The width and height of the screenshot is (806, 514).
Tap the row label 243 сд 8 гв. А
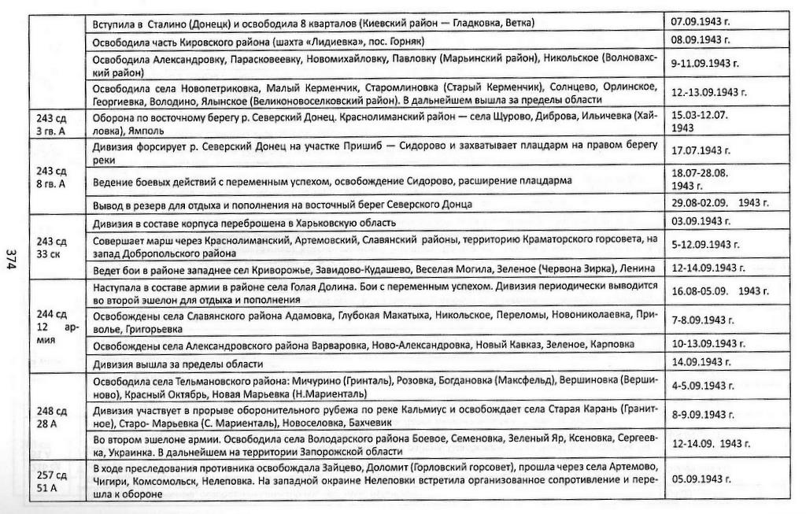(52, 177)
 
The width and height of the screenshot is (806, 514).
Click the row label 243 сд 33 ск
(52, 249)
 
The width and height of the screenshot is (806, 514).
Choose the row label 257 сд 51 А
(52, 475)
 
